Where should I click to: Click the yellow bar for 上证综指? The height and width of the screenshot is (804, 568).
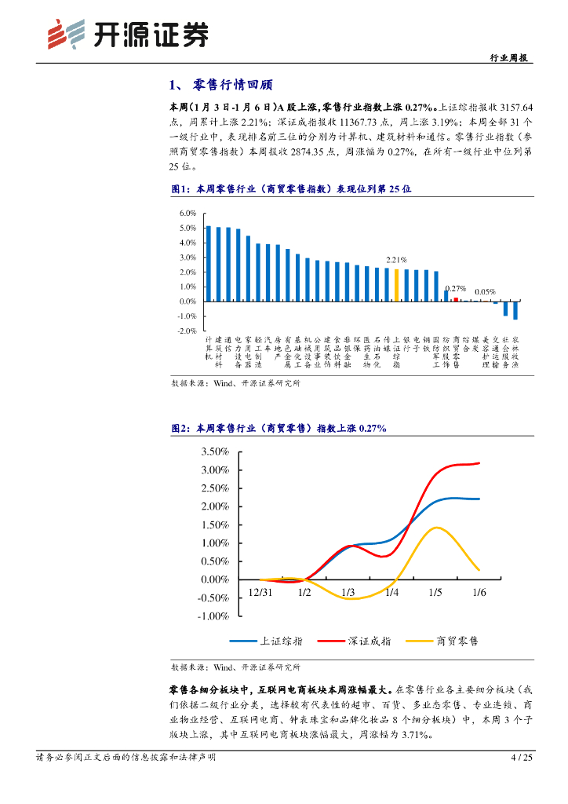coord(397,285)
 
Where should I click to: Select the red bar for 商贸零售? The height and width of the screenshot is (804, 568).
coord(456,299)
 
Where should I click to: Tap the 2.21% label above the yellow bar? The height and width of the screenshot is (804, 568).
coord(397,260)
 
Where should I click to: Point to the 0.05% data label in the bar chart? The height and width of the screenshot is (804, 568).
coord(486,291)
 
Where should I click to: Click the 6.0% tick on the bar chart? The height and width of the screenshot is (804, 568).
coord(187,214)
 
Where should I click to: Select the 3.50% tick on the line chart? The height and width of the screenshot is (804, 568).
coord(214,452)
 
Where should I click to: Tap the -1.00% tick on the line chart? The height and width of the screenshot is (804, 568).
coord(213,616)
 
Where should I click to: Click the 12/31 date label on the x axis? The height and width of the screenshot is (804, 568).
coord(261,592)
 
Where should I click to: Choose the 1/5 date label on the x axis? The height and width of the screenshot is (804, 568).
coord(435,592)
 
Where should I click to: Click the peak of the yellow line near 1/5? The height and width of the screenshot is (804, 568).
coord(436,528)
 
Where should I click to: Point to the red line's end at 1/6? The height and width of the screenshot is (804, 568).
coord(479,463)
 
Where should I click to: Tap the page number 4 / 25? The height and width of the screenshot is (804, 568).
coord(522,758)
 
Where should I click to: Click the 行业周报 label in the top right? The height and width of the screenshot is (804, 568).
coord(509,58)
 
